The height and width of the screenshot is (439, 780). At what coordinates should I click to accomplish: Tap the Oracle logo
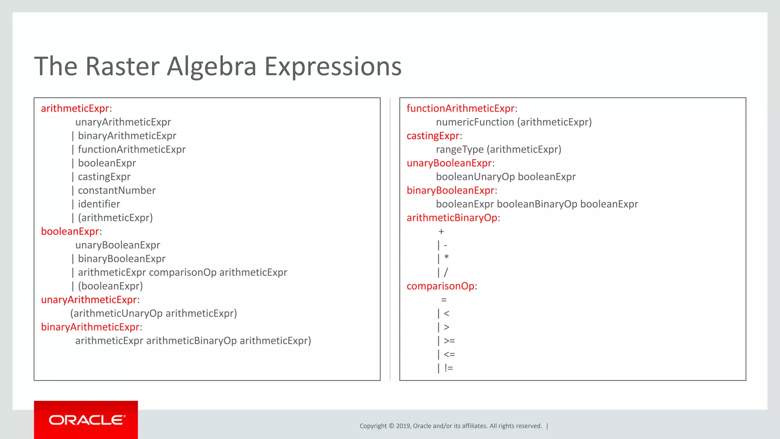[86, 420]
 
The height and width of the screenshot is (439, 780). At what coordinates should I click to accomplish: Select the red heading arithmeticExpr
[75, 109]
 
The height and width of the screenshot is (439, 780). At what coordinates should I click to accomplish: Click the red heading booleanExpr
[70, 232]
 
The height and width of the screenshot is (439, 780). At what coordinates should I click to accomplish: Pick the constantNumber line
[117, 191]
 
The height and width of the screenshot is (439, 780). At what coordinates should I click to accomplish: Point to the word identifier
[99, 204]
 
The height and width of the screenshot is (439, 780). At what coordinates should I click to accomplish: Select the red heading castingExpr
[433, 136]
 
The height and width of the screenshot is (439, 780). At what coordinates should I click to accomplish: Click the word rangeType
[460, 150]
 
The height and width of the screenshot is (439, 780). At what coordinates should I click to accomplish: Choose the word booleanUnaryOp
[475, 177]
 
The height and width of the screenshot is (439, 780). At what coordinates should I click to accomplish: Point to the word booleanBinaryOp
[537, 204]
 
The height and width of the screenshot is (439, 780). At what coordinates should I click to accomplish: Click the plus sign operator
[441, 232]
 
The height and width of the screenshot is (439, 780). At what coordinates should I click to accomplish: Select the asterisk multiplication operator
[446, 258]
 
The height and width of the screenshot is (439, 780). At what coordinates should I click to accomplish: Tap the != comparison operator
[449, 368]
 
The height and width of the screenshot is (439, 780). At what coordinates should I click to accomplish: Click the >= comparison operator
[449, 341]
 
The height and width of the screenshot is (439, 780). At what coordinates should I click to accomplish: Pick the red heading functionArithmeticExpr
[460, 109]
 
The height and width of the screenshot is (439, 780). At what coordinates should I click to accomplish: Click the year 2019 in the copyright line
[403, 426]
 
